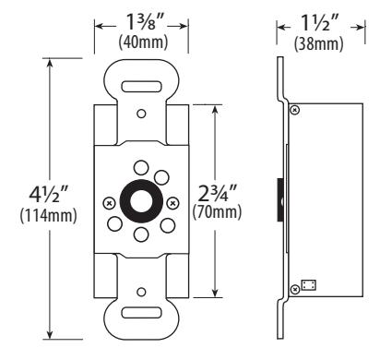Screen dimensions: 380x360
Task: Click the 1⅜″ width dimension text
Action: click(x=142, y=22)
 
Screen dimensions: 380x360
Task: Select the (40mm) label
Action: click(x=143, y=42)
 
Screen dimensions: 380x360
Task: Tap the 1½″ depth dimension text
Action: click(x=320, y=23)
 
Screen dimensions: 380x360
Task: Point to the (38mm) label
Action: click(x=318, y=44)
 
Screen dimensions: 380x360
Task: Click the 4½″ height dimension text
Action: click(x=48, y=195)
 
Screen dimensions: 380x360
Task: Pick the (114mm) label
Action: click(x=48, y=215)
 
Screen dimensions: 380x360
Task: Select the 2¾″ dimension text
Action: click(x=218, y=193)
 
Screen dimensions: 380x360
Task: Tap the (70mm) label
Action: click(x=217, y=212)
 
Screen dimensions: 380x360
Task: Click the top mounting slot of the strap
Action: click(x=141, y=87)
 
